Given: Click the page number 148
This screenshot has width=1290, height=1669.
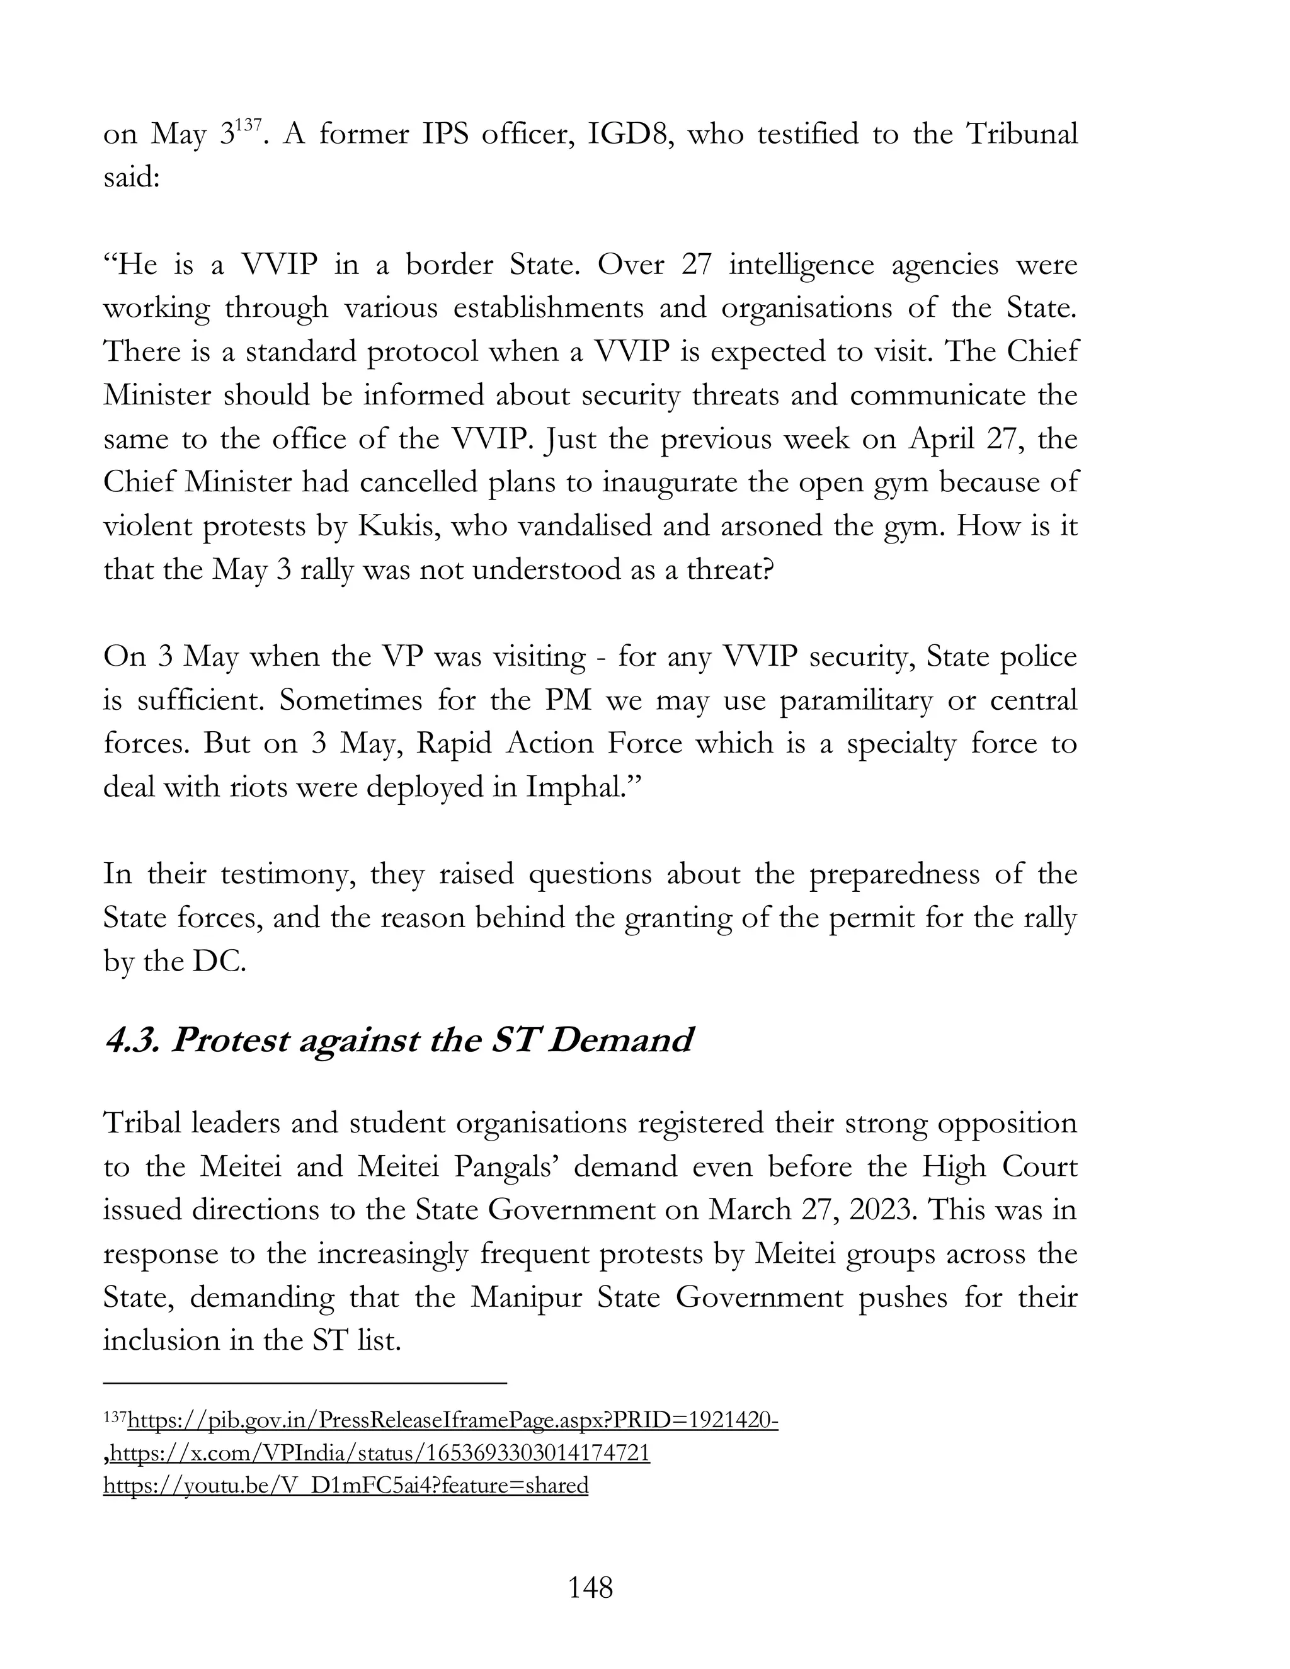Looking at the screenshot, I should [590, 1588].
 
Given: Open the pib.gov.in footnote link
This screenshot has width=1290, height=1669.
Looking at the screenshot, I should [452, 1421].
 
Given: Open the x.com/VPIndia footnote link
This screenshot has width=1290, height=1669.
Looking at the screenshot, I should [380, 1453].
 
